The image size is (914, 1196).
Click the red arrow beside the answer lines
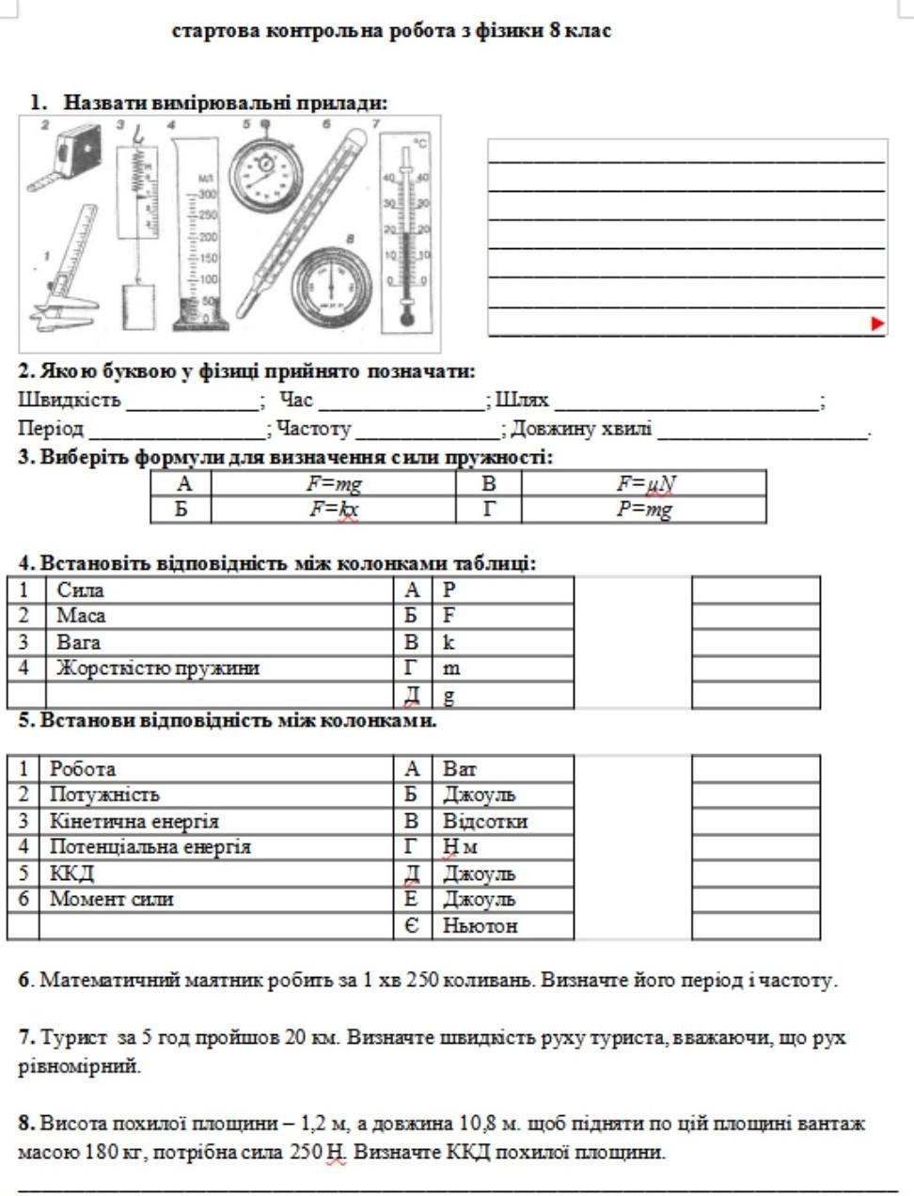(878, 323)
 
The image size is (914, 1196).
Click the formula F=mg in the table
(334, 484)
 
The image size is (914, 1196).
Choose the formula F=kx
(334, 510)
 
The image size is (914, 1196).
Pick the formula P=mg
(644, 510)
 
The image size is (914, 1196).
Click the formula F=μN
(646, 484)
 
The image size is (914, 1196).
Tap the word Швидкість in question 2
(70, 401)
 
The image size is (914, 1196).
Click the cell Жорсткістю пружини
(157, 669)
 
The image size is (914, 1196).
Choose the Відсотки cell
(485, 821)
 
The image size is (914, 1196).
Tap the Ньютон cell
(481, 926)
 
